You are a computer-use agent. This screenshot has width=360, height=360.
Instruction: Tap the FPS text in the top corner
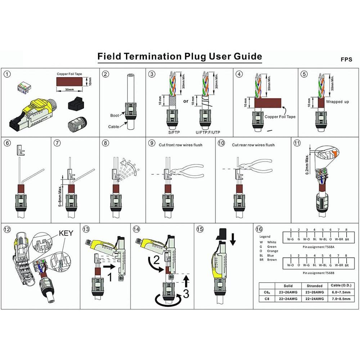tap(346, 59)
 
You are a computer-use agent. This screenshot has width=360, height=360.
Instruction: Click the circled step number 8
tap(105, 143)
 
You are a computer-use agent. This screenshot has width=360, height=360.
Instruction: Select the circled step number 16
tap(259, 229)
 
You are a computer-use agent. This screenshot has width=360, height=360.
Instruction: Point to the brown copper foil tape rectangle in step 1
tap(69, 81)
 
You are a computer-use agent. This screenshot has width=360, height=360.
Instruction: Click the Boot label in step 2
tap(114, 115)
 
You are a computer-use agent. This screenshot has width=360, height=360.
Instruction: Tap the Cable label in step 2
tap(113, 126)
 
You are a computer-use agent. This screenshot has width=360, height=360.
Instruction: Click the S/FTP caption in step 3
tap(174, 132)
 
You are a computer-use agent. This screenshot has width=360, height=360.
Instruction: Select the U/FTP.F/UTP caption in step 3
tap(208, 132)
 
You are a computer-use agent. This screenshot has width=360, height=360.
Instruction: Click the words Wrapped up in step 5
tap(337, 102)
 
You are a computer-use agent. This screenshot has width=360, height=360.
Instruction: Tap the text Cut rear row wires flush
tap(253, 145)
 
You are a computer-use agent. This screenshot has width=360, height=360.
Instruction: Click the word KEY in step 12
tap(66, 233)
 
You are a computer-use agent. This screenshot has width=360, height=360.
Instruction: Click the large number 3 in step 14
tap(186, 293)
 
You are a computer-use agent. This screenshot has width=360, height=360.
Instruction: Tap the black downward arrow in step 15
tap(233, 239)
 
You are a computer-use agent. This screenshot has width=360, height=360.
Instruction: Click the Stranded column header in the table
tap(315, 286)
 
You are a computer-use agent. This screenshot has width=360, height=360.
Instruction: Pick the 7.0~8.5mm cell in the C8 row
tap(341, 299)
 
